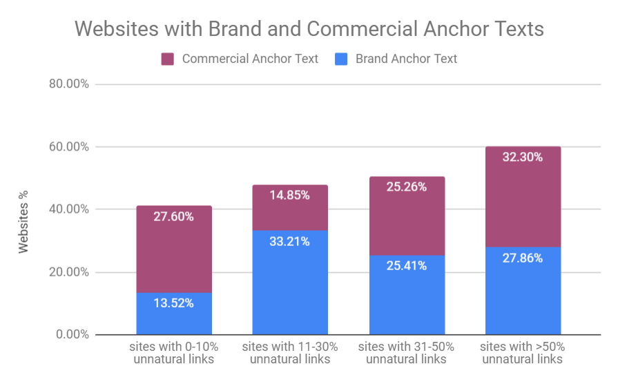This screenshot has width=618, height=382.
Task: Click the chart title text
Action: tap(309, 29)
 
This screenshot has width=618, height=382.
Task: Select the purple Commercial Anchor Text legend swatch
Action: tap(168, 59)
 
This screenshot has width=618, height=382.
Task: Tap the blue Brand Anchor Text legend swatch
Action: tap(341, 59)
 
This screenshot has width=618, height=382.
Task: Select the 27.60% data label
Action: tap(174, 216)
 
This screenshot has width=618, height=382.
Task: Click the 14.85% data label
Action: tap(290, 195)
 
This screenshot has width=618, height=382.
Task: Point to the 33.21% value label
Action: tap(290, 242)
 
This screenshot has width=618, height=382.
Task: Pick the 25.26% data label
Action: tap(407, 187)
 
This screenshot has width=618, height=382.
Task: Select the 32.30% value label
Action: tap(523, 157)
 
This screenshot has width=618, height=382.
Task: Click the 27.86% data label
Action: tap(523, 258)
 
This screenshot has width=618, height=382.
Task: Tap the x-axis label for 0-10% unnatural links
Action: tap(174, 352)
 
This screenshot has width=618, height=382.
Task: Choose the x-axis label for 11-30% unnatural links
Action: tap(290, 352)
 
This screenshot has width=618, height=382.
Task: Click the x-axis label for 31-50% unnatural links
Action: tap(407, 352)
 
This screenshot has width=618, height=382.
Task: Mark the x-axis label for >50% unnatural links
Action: tap(523, 352)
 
